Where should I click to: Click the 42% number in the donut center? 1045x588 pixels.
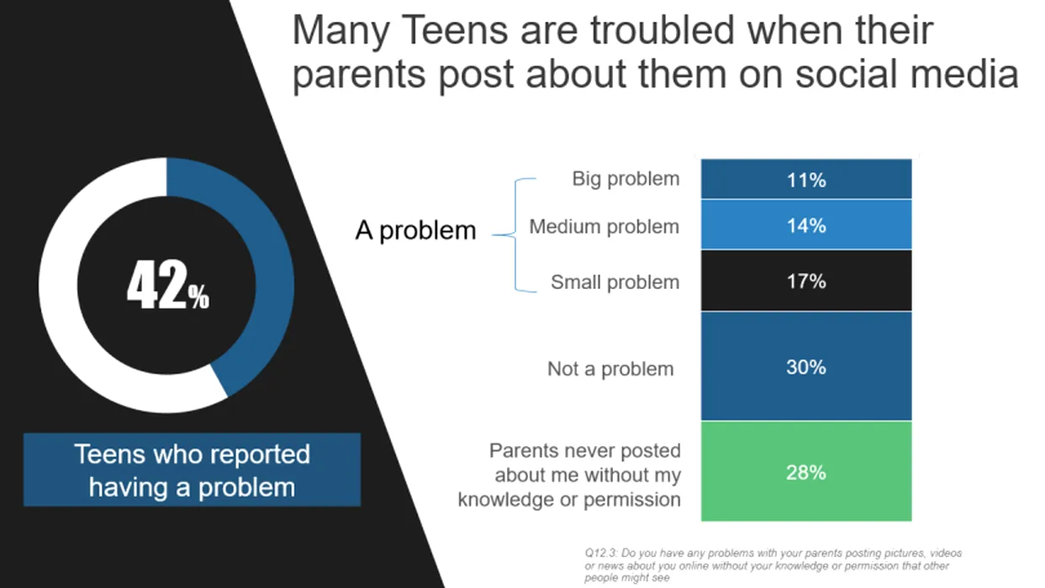click(x=168, y=285)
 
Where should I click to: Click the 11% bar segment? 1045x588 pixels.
click(x=806, y=179)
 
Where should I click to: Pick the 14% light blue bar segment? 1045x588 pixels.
click(x=806, y=225)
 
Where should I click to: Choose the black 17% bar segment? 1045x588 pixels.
click(x=806, y=281)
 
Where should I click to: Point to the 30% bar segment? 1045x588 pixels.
click(x=806, y=366)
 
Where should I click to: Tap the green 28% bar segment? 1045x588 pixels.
click(x=806, y=471)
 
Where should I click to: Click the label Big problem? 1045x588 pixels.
click(x=625, y=179)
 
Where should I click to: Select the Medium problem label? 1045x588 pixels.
click(x=604, y=227)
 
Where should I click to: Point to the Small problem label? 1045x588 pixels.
click(x=615, y=282)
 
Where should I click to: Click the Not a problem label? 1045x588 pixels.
click(x=610, y=370)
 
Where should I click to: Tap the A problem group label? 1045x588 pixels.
click(x=415, y=231)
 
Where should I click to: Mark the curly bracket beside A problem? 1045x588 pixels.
click(x=515, y=235)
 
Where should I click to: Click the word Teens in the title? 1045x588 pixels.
click(x=454, y=30)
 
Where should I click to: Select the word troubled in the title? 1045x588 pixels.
click(x=662, y=30)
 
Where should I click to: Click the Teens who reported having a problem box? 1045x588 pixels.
click(x=193, y=470)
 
